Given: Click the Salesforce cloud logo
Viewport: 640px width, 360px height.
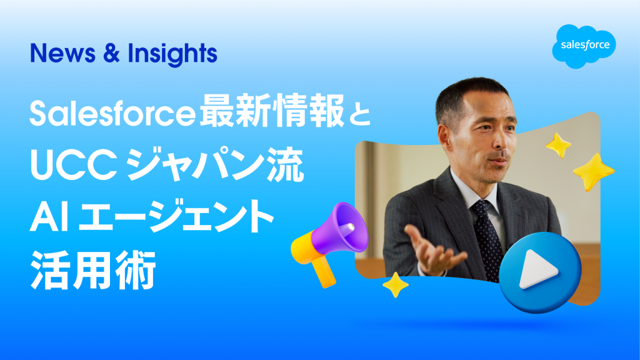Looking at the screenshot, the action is pos(584,46).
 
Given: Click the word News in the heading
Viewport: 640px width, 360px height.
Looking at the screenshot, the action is pos(63,54).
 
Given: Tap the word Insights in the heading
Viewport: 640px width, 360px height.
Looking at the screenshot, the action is pos(172,54).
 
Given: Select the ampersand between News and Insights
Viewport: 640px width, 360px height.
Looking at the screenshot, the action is pos(111,54).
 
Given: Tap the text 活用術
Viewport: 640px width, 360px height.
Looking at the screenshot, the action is pos(94,270).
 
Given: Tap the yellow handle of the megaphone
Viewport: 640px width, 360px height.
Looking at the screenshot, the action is pos(323,271).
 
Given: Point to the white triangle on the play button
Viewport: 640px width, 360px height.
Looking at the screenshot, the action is pos(536,270).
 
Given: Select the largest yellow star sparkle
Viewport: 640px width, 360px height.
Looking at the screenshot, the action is pos(593,172).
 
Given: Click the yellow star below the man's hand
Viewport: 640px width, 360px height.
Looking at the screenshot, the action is pos(395,284).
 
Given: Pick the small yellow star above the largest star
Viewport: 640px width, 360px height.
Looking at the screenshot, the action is pos(558,145).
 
